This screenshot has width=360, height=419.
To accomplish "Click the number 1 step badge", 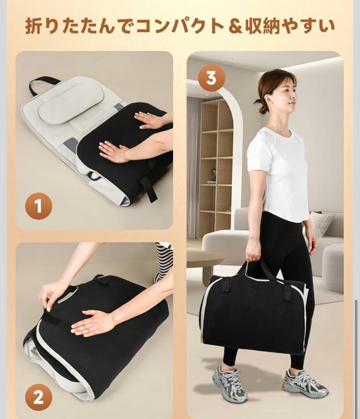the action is pyautogui.click(x=38, y=206).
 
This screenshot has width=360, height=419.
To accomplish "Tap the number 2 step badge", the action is pyautogui.click(x=38, y=398).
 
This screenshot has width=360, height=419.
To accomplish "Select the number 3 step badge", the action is pyautogui.click(x=211, y=78).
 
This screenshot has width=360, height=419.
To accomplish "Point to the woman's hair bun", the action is pyautogui.click(x=258, y=102).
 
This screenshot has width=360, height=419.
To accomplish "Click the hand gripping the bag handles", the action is pyautogui.click(x=253, y=253).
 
